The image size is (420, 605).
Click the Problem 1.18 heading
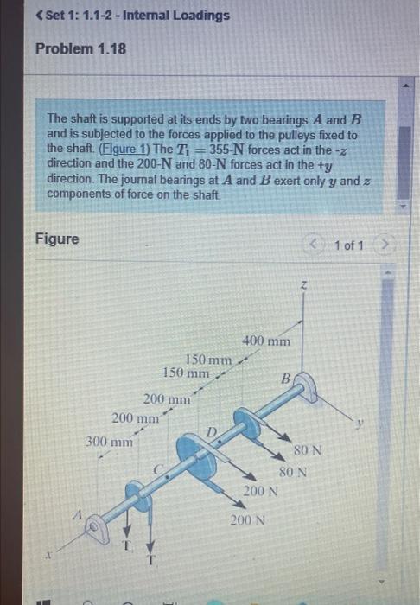pyautogui.click(x=80, y=48)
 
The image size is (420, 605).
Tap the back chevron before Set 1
pyautogui.click(x=39, y=16)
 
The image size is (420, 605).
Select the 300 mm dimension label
pyautogui.click(x=109, y=441)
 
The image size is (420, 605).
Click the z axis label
pyautogui.click(x=303, y=284)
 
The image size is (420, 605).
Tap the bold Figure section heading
pyautogui.click(x=56, y=238)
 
